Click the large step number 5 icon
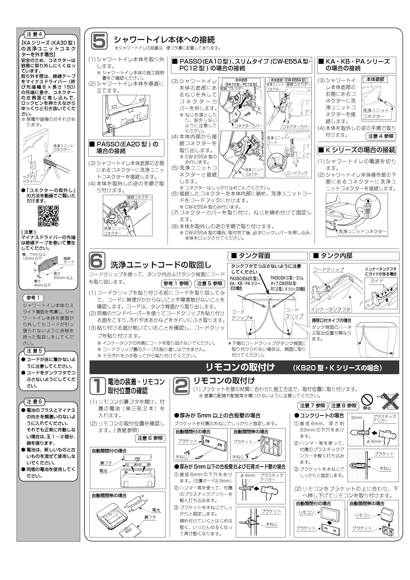point(99,40)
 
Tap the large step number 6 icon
point(97,261)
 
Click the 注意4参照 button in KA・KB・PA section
point(381,136)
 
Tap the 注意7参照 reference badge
point(313,406)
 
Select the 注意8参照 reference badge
point(344,406)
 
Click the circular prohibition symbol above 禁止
point(367,400)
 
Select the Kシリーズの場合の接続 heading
point(356,150)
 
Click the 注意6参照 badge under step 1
point(150,438)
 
